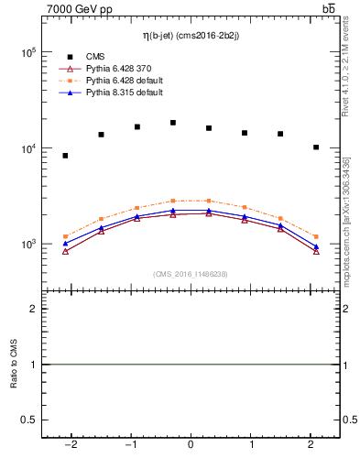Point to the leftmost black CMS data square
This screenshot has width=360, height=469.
[x=65, y=156]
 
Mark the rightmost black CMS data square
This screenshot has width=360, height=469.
[x=316, y=147]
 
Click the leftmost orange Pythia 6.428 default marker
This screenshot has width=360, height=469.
[x=65, y=236]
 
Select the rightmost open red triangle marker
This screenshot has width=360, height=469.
[x=316, y=251]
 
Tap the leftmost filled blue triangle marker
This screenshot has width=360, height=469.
[x=65, y=244]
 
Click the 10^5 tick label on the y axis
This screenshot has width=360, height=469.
[x=27, y=53]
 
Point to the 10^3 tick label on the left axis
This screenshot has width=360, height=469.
[x=27, y=245]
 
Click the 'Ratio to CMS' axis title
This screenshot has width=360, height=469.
[x=13, y=365]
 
